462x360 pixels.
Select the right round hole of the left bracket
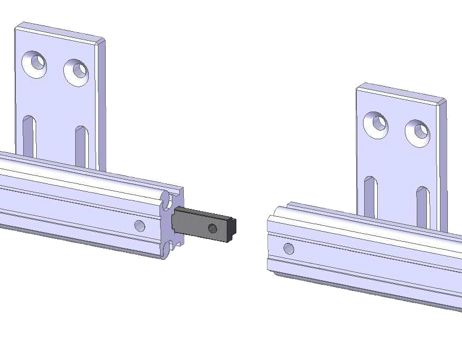point(76,72)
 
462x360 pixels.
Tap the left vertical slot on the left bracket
point(30,136)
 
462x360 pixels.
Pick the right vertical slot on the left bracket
point(81,146)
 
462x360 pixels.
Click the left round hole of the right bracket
point(376,124)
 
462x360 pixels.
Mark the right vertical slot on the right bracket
point(422,207)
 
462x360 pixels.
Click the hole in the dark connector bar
point(212,228)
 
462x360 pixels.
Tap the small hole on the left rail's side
point(140,226)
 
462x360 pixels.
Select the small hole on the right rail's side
point(289,248)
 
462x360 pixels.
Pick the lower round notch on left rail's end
point(168,247)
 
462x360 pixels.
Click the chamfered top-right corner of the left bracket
point(101,41)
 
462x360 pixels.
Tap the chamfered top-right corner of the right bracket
point(442,102)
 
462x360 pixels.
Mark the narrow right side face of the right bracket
point(443,164)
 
